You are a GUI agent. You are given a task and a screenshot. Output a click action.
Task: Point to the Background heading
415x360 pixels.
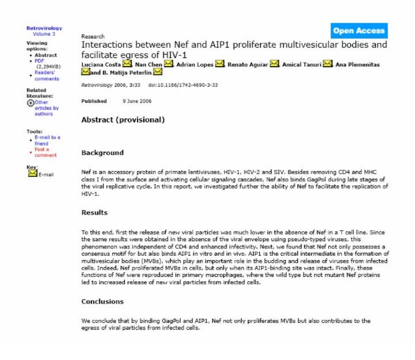pyautogui.click(x=102, y=153)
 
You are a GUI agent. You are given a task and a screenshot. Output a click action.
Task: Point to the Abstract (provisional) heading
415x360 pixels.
pyautogui.click(x=123, y=119)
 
